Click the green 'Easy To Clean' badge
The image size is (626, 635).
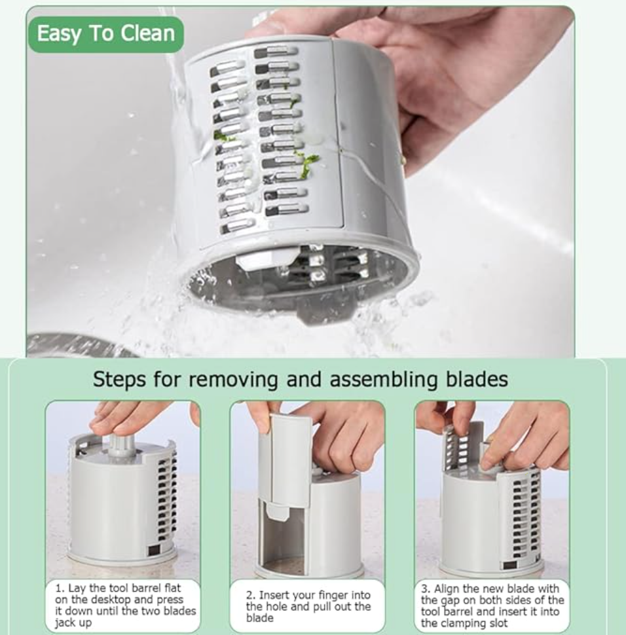click(105, 34)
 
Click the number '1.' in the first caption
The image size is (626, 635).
click(60, 588)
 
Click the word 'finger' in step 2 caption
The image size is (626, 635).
click(333, 595)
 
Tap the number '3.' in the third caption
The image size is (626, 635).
click(426, 589)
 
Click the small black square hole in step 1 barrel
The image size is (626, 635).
click(154, 550)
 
